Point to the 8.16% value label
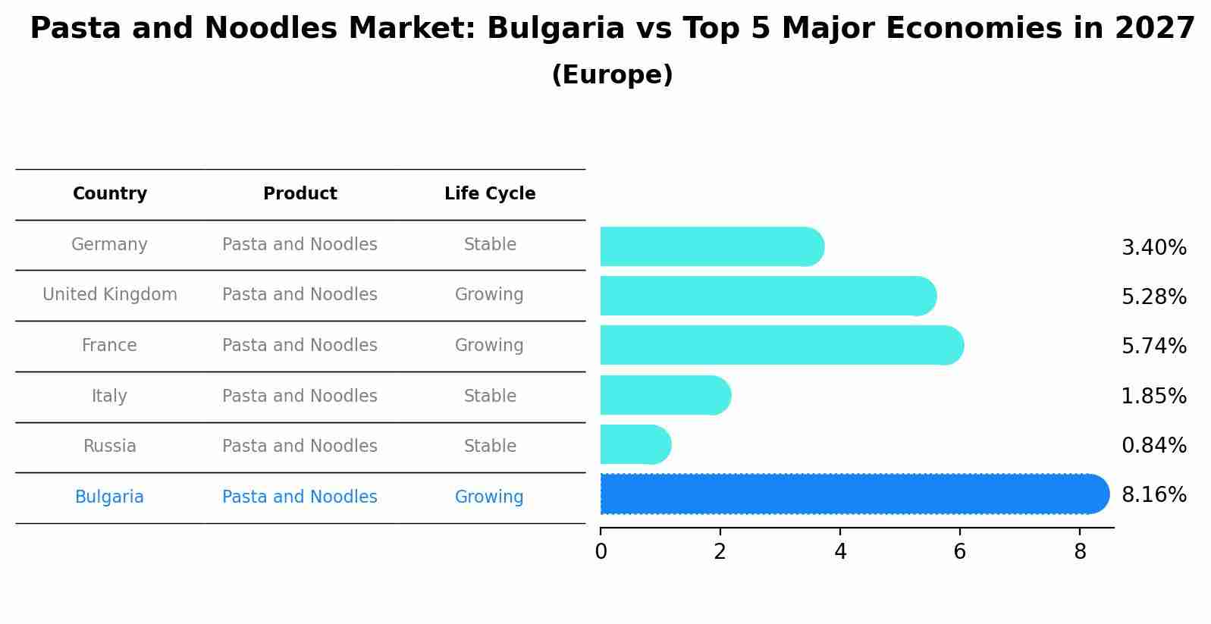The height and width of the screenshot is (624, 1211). (x=1153, y=495)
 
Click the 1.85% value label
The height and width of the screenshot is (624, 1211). (x=1153, y=397)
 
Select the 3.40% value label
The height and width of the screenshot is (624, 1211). (x=1153, y=248)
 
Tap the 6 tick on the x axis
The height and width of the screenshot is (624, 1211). (x=959, y=552)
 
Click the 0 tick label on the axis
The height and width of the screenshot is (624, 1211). (x=601, y=552)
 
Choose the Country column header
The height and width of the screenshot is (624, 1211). (x=110, y=194)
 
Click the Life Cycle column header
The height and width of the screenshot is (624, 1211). (x=490, y=194)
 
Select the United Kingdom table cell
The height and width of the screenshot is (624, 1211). (x=110, y=295)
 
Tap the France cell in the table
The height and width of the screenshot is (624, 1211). (x=110, y=346)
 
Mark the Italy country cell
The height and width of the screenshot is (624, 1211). (x=110, y=397)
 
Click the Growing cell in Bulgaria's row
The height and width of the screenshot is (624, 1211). (x=489, y=497)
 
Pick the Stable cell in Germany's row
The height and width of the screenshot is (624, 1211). (x=490, y=245)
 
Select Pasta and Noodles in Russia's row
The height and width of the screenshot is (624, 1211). (x=300, y=447)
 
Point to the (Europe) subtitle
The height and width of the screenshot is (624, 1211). (x=612, y=75)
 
